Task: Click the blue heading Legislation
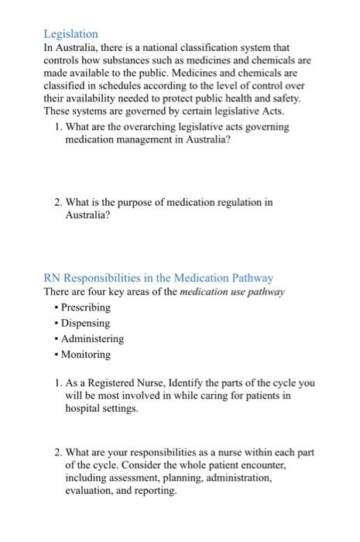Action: pos(70,34)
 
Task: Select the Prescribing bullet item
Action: pos(85,307)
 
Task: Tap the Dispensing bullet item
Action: pos(85,323)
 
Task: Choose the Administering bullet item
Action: pos(91,339)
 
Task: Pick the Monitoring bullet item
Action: pos(85,355)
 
